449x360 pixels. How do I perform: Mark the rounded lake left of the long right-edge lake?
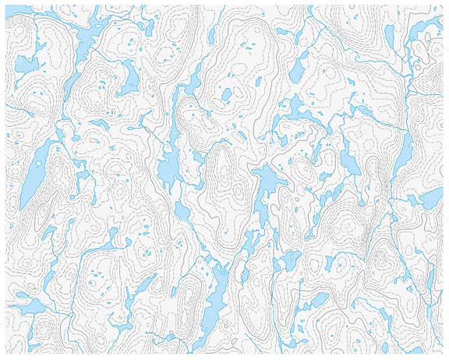pyautogui.click(x=350, y=162)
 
